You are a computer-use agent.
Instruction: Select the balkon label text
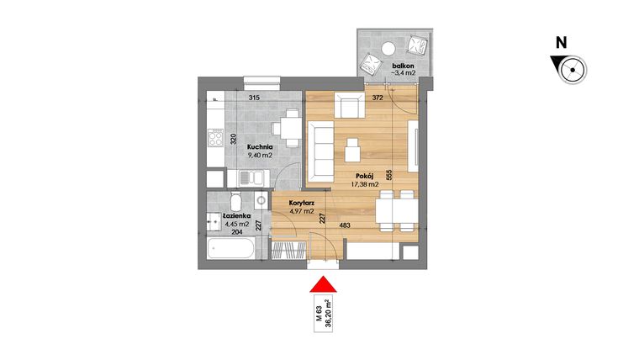403,65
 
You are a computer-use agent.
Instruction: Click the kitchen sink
250,177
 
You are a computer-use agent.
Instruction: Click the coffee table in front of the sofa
354,149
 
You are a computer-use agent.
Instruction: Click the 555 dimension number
389,177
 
